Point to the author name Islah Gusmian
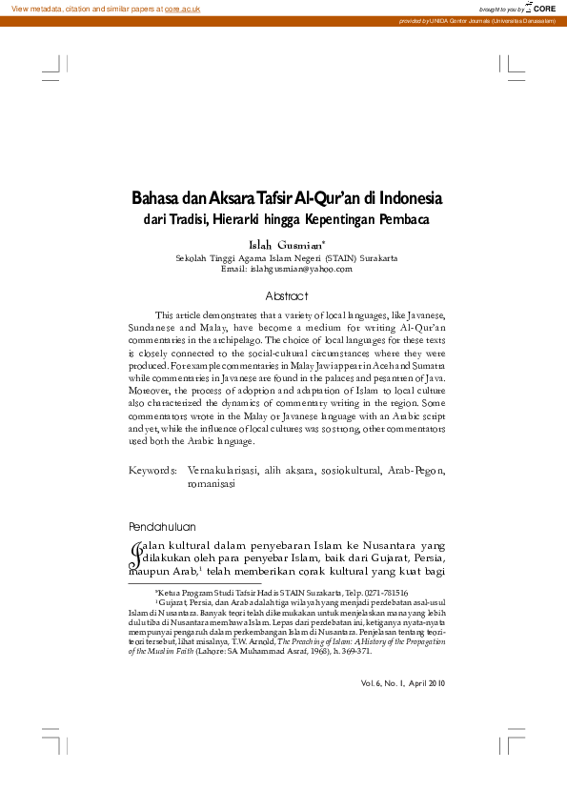[283, 245]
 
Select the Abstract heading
[287, 295]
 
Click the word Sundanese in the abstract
[153, 326]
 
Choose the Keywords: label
[152, 471]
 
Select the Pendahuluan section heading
[162, 526]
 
